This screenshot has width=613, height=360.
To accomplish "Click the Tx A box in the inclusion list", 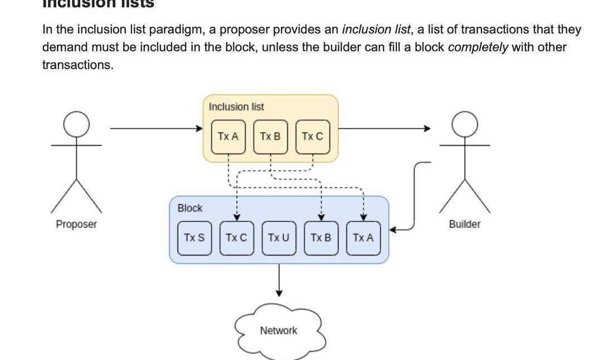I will [228, 137].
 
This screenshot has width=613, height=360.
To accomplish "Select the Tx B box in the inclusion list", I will [270, 137].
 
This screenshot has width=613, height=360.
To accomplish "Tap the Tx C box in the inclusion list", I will [312, 137].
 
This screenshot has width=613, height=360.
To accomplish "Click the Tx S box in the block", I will [194, 238].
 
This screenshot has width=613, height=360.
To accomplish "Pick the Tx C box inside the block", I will [236, 238].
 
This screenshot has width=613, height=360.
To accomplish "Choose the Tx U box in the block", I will [279, 238].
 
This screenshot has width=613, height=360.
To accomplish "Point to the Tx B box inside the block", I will [321, 238].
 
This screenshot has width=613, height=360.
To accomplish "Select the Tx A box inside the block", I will [363, 238].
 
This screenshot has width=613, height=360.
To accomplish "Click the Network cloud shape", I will [279, 330].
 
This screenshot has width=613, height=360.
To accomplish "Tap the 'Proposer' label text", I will [76, 224].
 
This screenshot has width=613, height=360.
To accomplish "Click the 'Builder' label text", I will [465, 224].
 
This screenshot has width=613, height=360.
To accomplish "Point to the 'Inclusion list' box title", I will [236, 106].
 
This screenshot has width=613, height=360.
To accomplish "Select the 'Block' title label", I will [190, 208].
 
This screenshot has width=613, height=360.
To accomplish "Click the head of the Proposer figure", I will [76, 124].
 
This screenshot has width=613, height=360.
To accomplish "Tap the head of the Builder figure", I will [465, 124].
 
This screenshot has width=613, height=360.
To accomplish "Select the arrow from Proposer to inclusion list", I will [156, 129].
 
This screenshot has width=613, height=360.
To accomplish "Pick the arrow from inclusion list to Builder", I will [385, 129].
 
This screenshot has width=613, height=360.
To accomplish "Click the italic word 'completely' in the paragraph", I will [478, 47].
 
